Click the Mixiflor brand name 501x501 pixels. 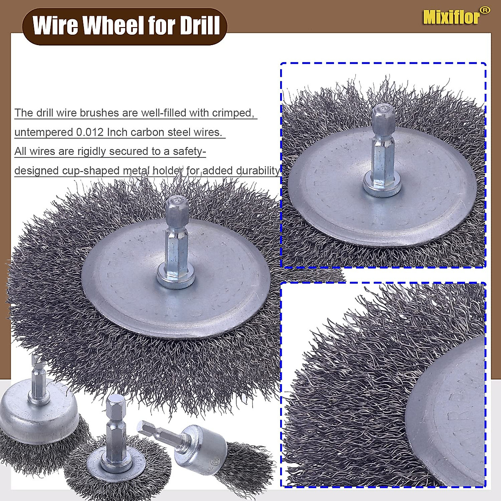click(x=450, y=17)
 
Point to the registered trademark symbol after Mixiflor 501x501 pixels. click(x=484, y=10)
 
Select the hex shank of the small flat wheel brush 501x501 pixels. click(x=114, y=422)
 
